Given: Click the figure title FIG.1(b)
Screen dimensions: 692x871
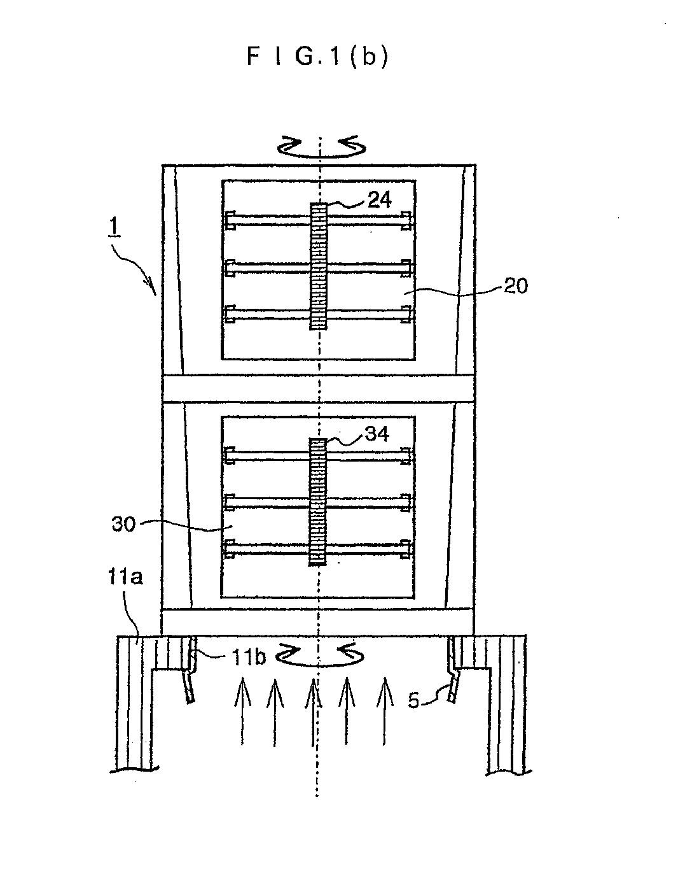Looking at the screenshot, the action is pos(317,56).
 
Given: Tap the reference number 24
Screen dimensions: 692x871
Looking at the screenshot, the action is pos(380,200).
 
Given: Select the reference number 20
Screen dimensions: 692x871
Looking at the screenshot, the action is pos(516,286).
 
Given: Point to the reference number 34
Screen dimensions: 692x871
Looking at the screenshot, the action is pos(377,434).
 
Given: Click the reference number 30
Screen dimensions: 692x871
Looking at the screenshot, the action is pos(123,524).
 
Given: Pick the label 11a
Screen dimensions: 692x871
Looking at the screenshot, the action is pos(125,577).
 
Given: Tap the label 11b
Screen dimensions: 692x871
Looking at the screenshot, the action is pos(248,658).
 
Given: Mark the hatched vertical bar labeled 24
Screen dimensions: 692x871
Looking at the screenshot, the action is pos(318,266).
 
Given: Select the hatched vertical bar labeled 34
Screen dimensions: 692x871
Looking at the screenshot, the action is pos(317,502).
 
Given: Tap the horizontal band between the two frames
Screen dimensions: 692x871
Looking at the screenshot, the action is pos(318,388).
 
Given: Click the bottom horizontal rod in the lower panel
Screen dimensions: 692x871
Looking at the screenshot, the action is pos(318,549).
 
